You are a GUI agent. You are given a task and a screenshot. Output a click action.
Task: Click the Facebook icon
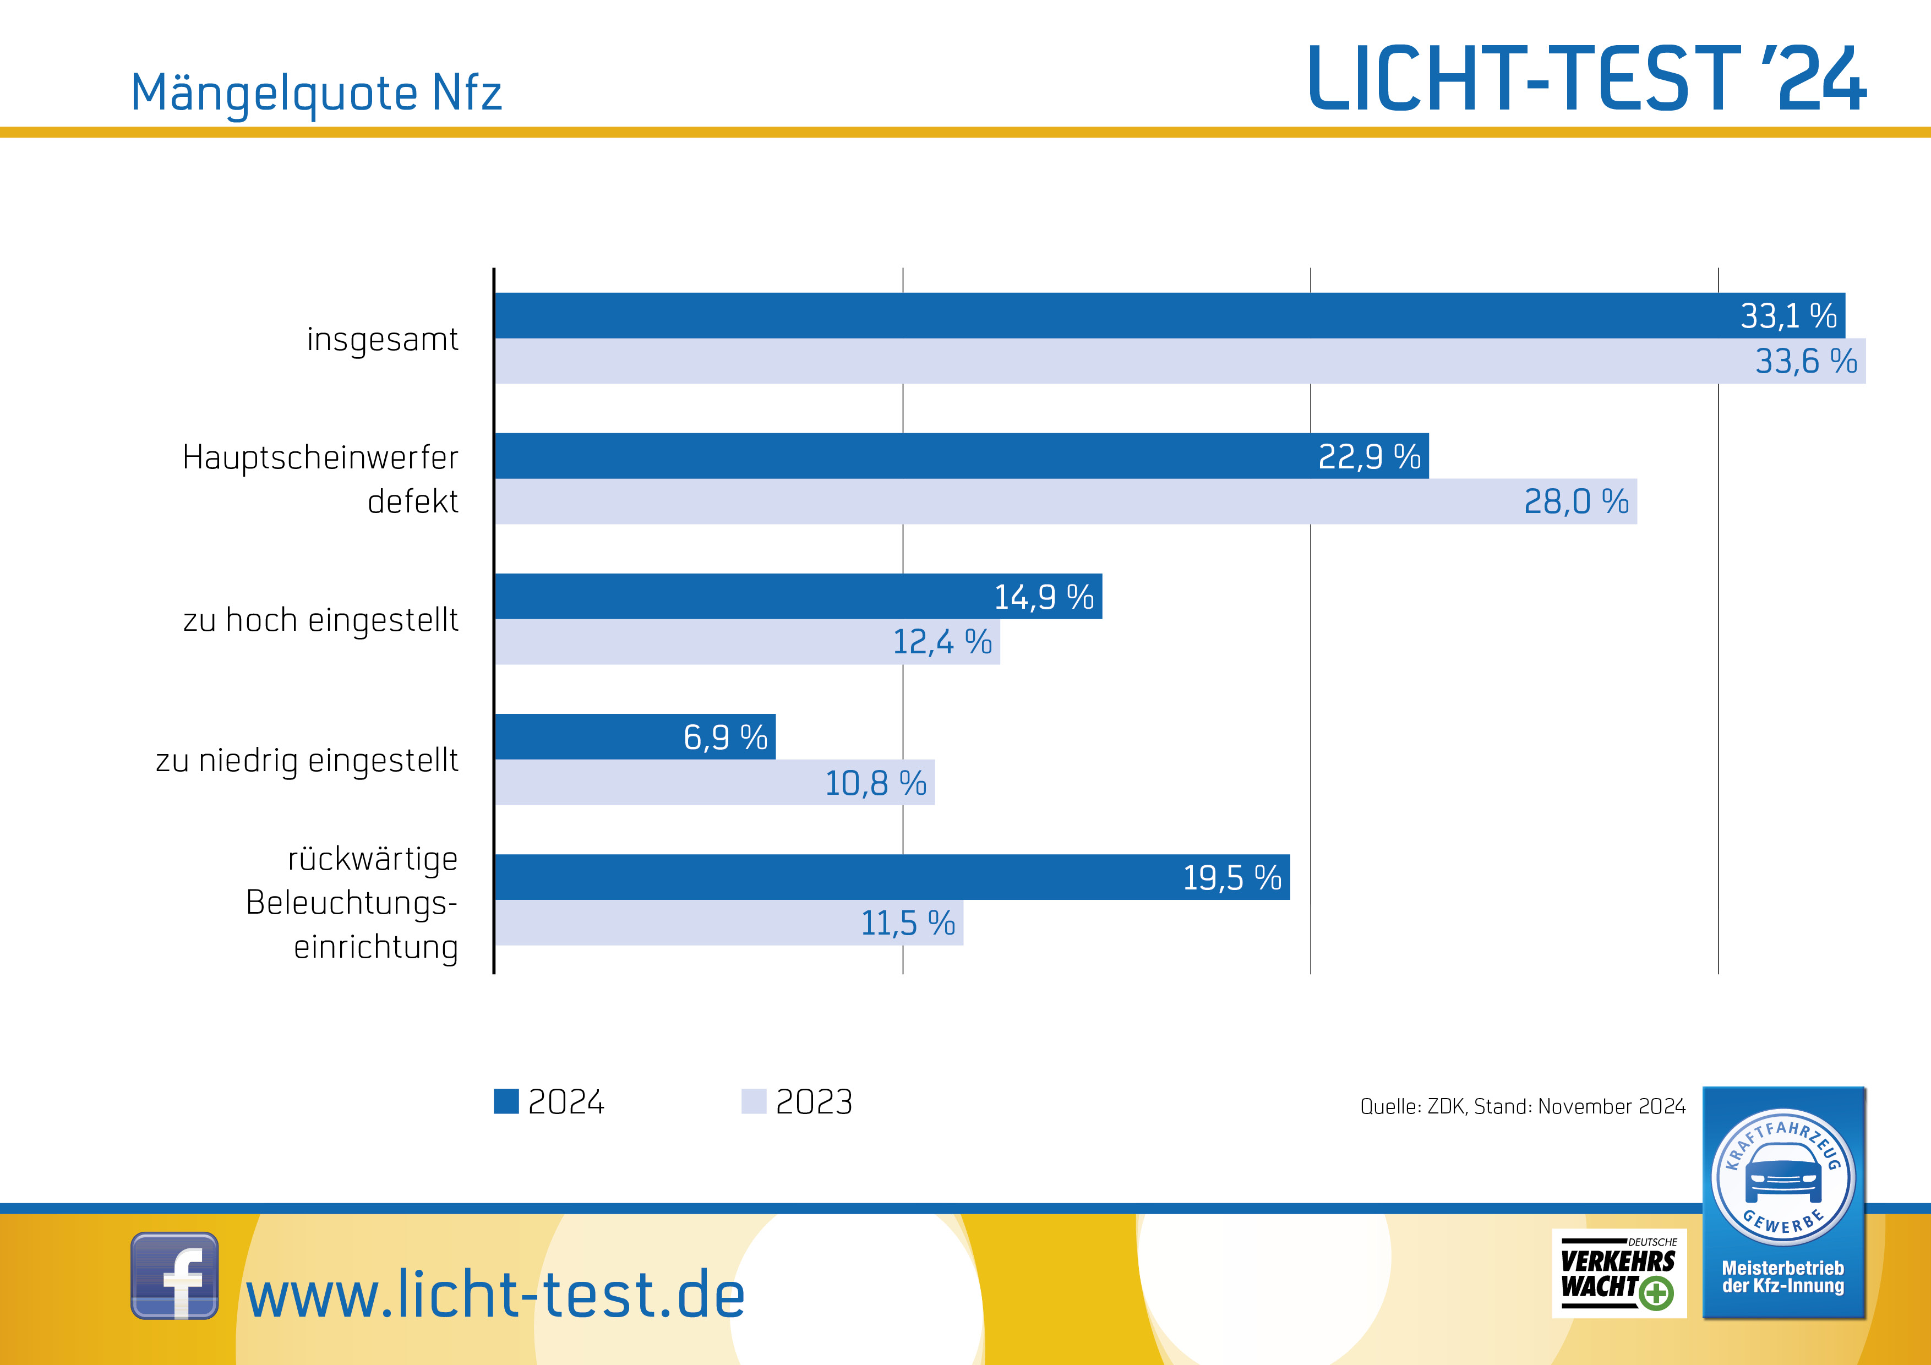[174, 1275]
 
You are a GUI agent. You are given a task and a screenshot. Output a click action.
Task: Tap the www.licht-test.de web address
[495, 1295]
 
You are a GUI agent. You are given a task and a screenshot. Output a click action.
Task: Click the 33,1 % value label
[1788, 316]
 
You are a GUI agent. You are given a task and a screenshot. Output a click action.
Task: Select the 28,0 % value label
[1575, 502]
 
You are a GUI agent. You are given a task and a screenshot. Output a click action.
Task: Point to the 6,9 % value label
[725, 738]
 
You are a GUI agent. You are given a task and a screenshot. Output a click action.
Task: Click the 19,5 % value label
[1231, 878]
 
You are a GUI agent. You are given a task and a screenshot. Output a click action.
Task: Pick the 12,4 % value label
[942, 642]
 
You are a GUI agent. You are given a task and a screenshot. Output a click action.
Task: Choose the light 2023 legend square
[754, 1101]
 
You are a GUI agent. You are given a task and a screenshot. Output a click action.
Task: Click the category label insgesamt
[382, 339]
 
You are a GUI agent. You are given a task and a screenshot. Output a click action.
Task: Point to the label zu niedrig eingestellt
[307, 760]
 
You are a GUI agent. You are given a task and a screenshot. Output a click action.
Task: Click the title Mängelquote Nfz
[316, 92]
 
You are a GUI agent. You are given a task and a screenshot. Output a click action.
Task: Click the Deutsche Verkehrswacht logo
[1618, 1273]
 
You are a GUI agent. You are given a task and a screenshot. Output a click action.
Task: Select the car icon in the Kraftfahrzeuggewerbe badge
[1783, 1173]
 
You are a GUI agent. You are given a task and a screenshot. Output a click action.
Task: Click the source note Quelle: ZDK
[1522, 1106]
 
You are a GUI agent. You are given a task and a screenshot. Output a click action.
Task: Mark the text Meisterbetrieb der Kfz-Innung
[1783, 1277]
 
